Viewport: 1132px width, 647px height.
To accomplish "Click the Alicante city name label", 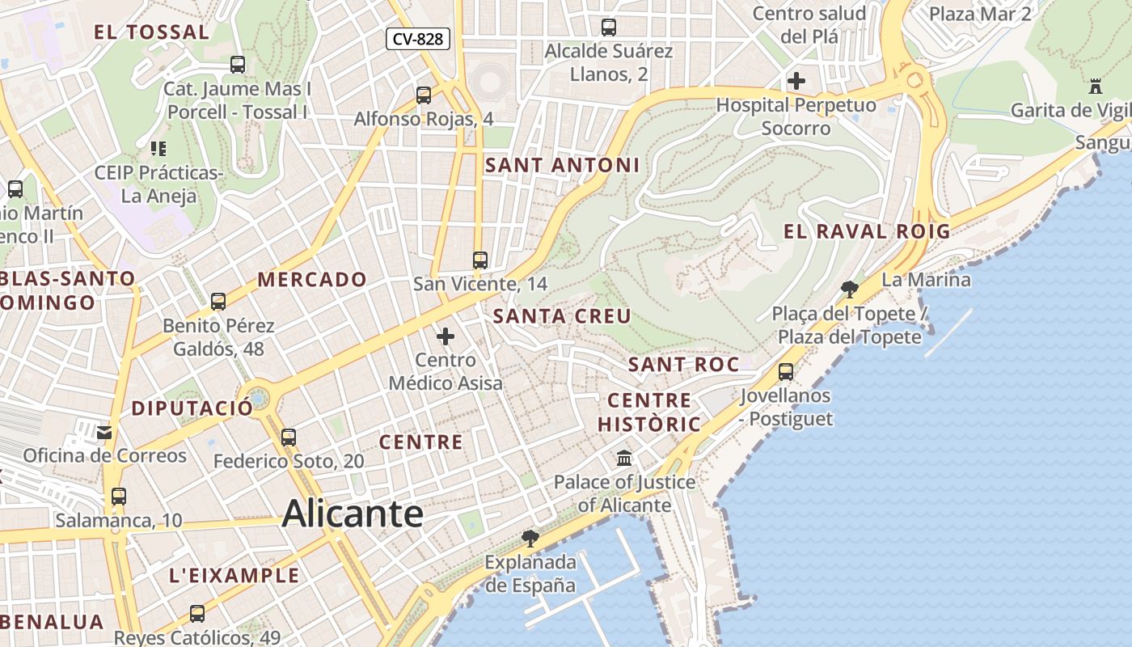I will tap(353, 514).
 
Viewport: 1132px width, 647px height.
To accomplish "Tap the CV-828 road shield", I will tap(417, 38).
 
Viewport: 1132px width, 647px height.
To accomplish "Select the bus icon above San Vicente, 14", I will tap(480, 260).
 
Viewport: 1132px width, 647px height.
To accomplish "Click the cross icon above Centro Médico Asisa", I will tap(446, 336).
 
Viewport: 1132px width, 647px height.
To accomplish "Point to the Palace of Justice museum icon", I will tap(624, 459).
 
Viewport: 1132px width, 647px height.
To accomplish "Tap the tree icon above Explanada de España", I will tap(530, 538).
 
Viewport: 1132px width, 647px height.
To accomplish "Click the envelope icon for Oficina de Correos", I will tap(104, 432).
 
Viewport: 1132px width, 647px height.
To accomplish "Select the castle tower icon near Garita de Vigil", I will tap(1096, 86).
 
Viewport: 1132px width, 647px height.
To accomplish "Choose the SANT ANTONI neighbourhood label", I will tap(562, 165).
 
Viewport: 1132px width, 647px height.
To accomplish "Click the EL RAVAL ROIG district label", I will tap(867, 231).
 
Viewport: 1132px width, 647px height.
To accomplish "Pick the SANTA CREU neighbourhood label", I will tap(562, 316).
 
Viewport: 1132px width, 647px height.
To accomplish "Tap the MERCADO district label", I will tap(312, 280).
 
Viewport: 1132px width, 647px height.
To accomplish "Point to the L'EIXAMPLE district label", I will tap(234, 576).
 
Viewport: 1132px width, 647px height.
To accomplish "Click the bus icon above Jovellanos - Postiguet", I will tap(785, 372).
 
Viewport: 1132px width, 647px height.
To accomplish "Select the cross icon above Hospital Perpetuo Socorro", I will tap(796, 81).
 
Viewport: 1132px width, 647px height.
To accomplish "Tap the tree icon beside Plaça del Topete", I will tap(849, 289).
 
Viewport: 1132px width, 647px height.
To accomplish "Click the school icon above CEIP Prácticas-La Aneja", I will tap(158, 149).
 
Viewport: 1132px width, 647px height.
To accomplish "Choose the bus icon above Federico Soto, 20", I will tap(289, 438).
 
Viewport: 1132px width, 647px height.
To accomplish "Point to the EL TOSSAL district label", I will tap(151, 32).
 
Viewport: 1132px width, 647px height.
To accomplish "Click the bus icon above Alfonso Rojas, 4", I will tap(423, 95).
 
